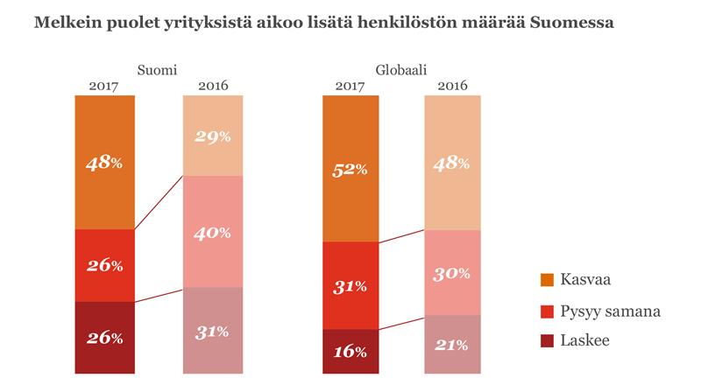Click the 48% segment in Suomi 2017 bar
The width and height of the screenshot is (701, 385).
(104, 162)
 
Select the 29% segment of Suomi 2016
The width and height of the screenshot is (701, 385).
(213, 136)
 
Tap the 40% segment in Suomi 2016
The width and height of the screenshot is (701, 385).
(213, 232)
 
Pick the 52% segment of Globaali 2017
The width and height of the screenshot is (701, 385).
(350, 169)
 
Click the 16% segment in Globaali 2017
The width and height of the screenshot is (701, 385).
(350, 351)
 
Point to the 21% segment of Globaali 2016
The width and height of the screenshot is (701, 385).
(452, 344)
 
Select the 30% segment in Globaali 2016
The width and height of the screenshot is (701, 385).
(452, 272)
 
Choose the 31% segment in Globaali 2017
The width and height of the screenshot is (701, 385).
(350, 285)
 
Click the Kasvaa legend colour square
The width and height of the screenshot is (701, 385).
(548, 280)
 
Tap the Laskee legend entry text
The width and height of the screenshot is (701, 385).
(587, 339)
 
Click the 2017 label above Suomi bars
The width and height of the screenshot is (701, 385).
(104, 86)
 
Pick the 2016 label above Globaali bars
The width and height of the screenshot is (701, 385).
(452, 86)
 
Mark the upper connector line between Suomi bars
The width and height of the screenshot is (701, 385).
(159, 203)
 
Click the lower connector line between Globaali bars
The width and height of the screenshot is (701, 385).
(401, 322)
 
